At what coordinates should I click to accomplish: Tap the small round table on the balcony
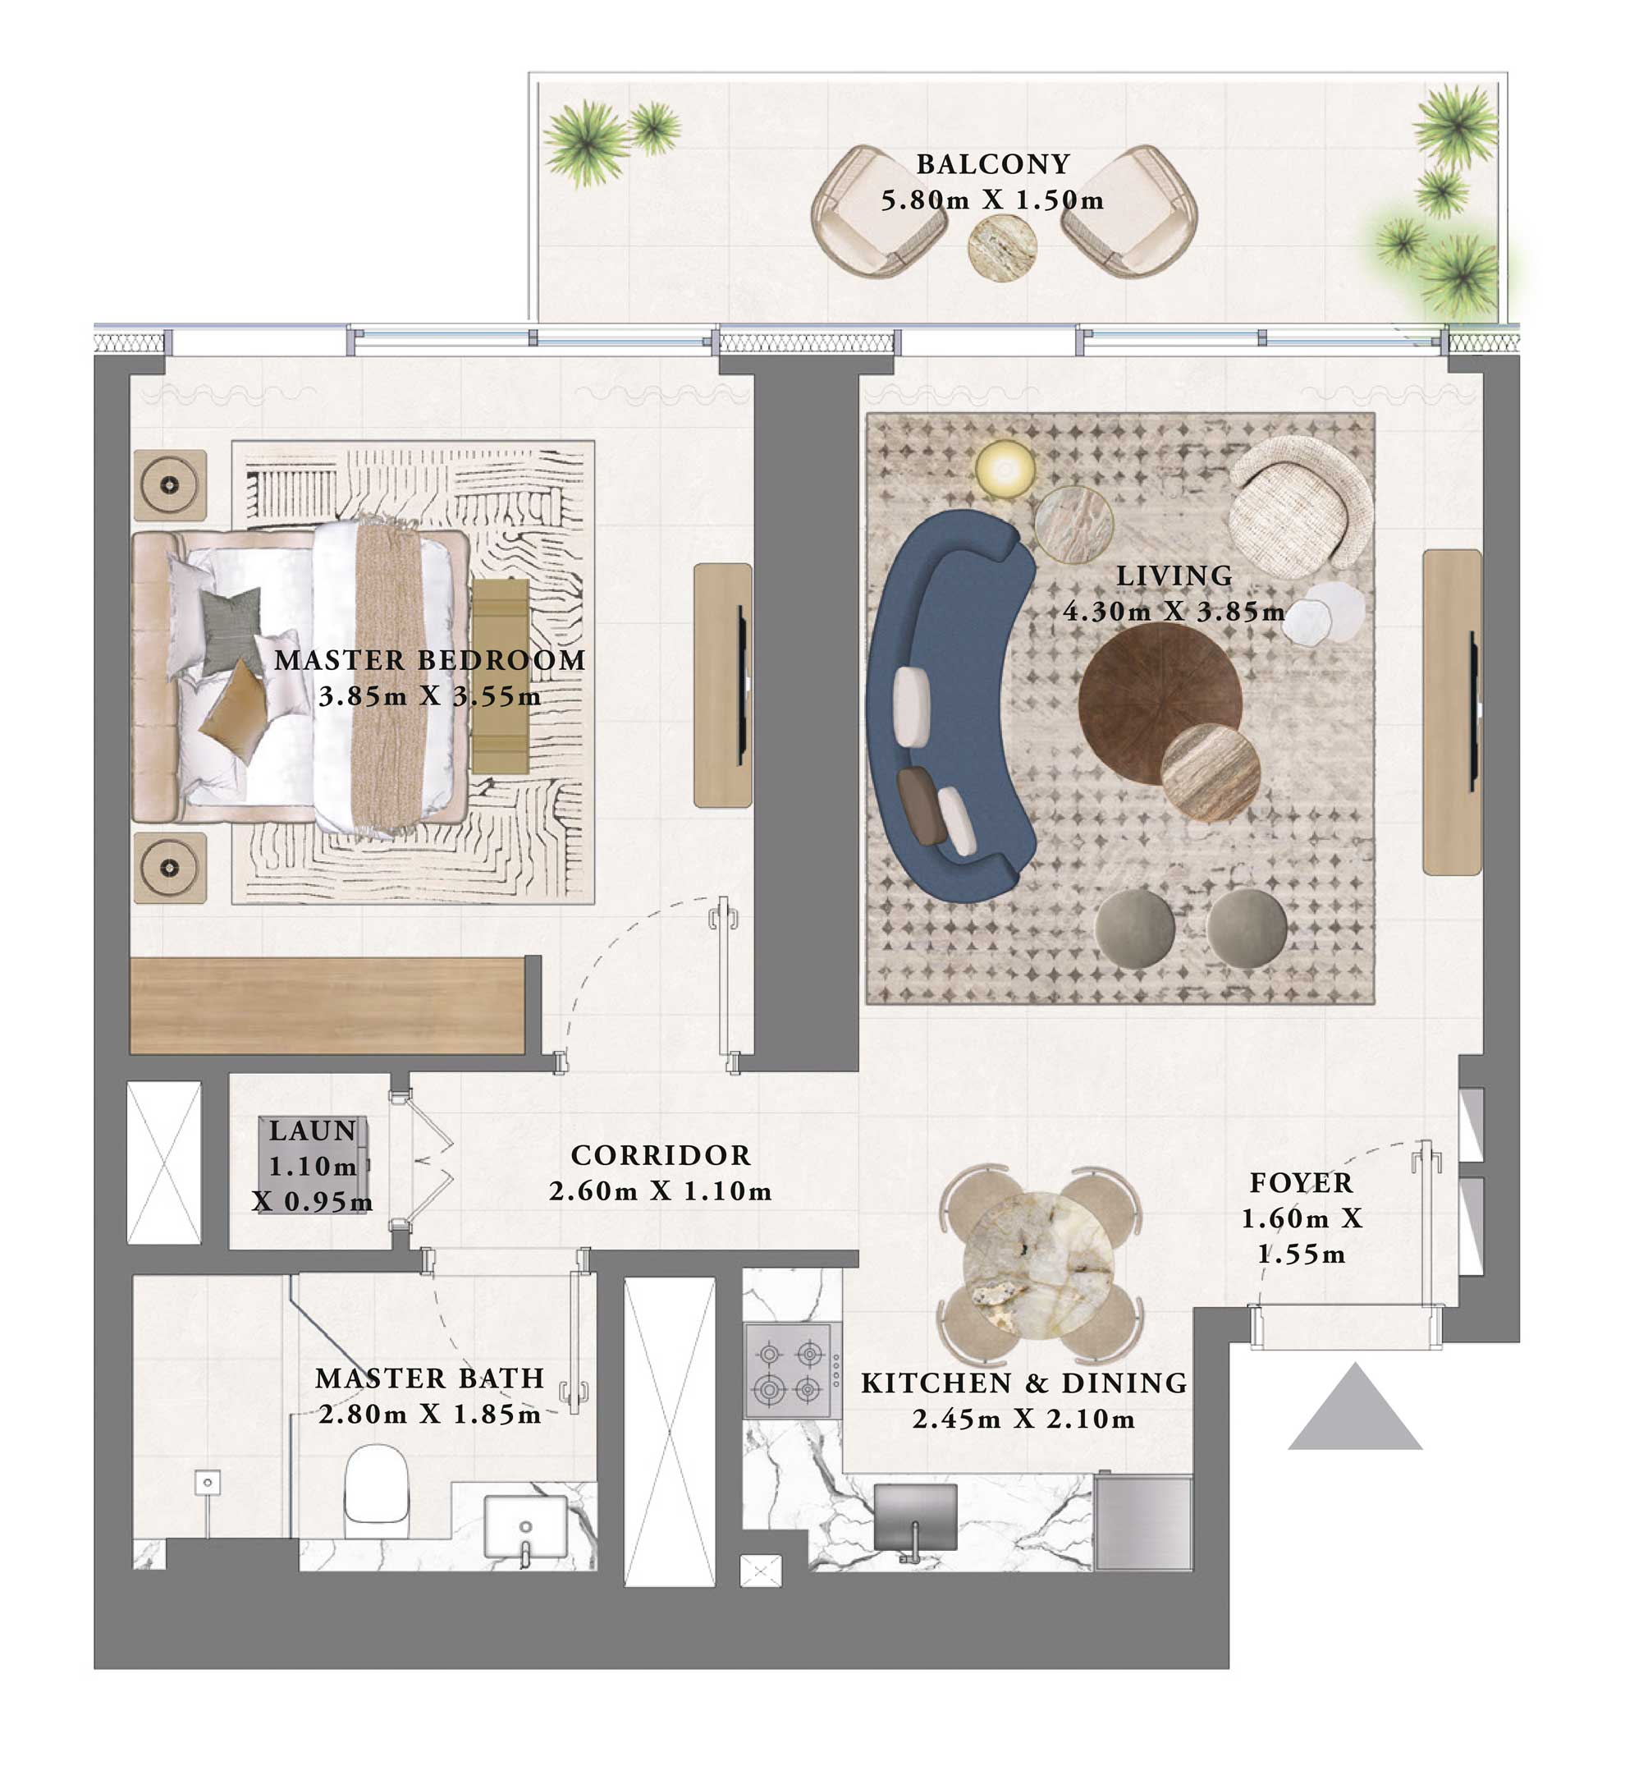[1002, 249]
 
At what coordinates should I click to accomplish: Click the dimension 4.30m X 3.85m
[1173, 612]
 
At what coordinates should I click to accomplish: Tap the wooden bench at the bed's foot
[500, 677]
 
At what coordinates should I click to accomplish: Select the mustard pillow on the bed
[233, 709]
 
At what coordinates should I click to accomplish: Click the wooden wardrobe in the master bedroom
[327, 1006]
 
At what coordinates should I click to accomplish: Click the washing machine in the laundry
[314, 1166]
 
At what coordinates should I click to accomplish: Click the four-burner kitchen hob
[789, 1371]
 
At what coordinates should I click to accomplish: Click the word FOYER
[1301, 1182]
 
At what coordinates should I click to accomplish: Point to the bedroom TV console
[723, 685]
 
